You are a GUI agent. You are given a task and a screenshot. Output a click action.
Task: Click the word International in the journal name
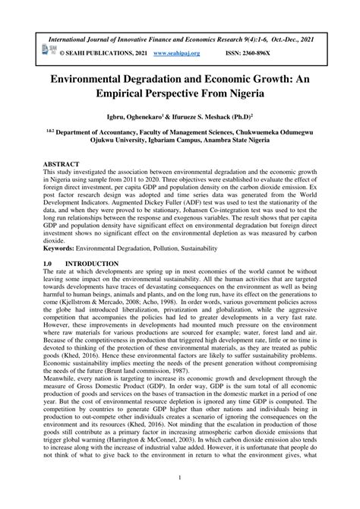77,36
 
